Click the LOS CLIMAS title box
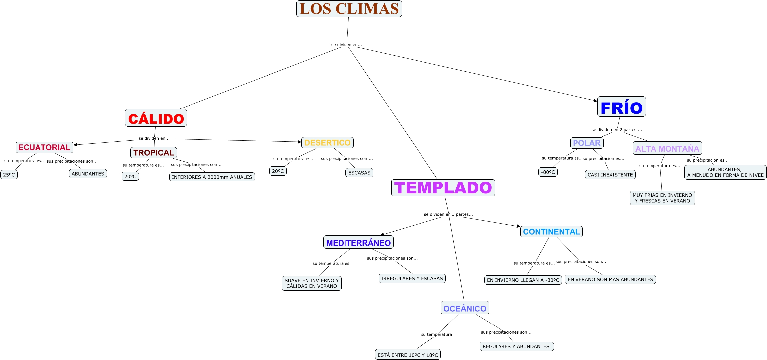coord(349,9)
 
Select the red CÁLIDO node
coord(156,118)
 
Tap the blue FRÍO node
coord(621,107)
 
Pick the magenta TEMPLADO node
coord(443,188)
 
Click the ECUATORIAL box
coord(44,147)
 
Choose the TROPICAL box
coord(154,153)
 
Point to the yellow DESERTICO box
coord(328,143)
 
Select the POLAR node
coord(587,143)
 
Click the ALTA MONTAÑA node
coord(667,148)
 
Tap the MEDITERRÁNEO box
coord(358,242)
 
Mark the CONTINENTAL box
coord(552,232)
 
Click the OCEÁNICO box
coord(465,308)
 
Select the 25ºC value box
coord(9,175)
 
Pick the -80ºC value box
coord(548,172)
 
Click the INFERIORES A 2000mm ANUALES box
coord(212,177)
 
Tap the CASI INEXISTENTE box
coord(610,175)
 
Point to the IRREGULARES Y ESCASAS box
coord(412,278)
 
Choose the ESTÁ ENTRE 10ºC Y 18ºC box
coord(408,354)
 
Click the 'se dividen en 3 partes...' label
coord(448,214)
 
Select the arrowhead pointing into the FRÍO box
coord(595,100)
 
